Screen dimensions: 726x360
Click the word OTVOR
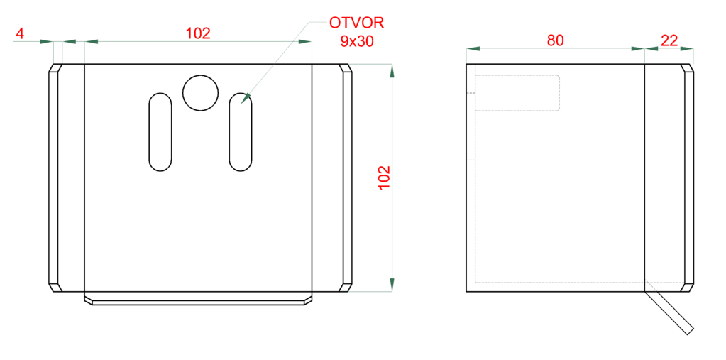pyautogui.click(x=356, y=22)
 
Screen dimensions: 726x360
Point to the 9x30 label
pyautogui.click(x=357, y=41)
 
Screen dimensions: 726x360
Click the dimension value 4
pyautogui.click(x=19, y=33)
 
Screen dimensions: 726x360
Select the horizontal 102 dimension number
pyautogui.click(x=198, y=33)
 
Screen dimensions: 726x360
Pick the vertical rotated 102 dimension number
pyautogui.click(x=385, y=177)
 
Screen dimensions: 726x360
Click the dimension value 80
pyautogui.click(x=555, y=40)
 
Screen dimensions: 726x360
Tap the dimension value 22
pyautogui.click(x=669, y=40)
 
